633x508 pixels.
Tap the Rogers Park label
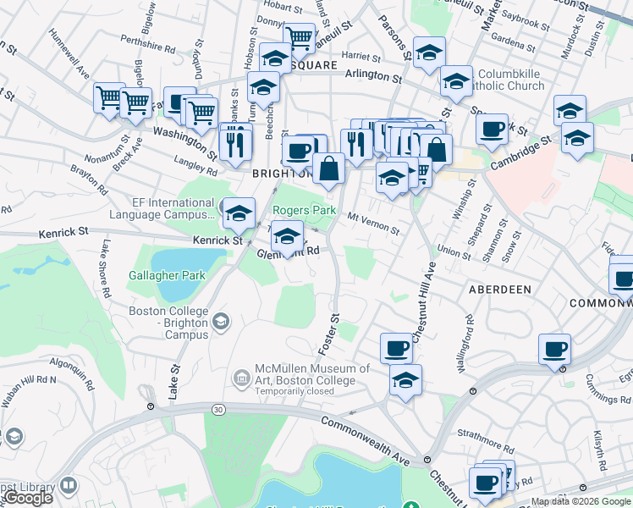tap(304, 210)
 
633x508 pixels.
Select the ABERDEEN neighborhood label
tap(500, 290)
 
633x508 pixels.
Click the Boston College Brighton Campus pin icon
tap(221, 320)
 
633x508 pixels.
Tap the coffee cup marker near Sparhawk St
tap(491, 130)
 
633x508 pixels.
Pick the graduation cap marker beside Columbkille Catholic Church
tap(456, 82)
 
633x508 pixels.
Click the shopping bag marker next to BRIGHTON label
tap(328, 168)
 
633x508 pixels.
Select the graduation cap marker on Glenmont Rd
tap(288, 236)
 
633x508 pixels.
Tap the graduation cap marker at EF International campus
tap(239, 213)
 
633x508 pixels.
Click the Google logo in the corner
tap(28, 498)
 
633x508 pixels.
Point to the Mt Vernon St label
tap(373, 224)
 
